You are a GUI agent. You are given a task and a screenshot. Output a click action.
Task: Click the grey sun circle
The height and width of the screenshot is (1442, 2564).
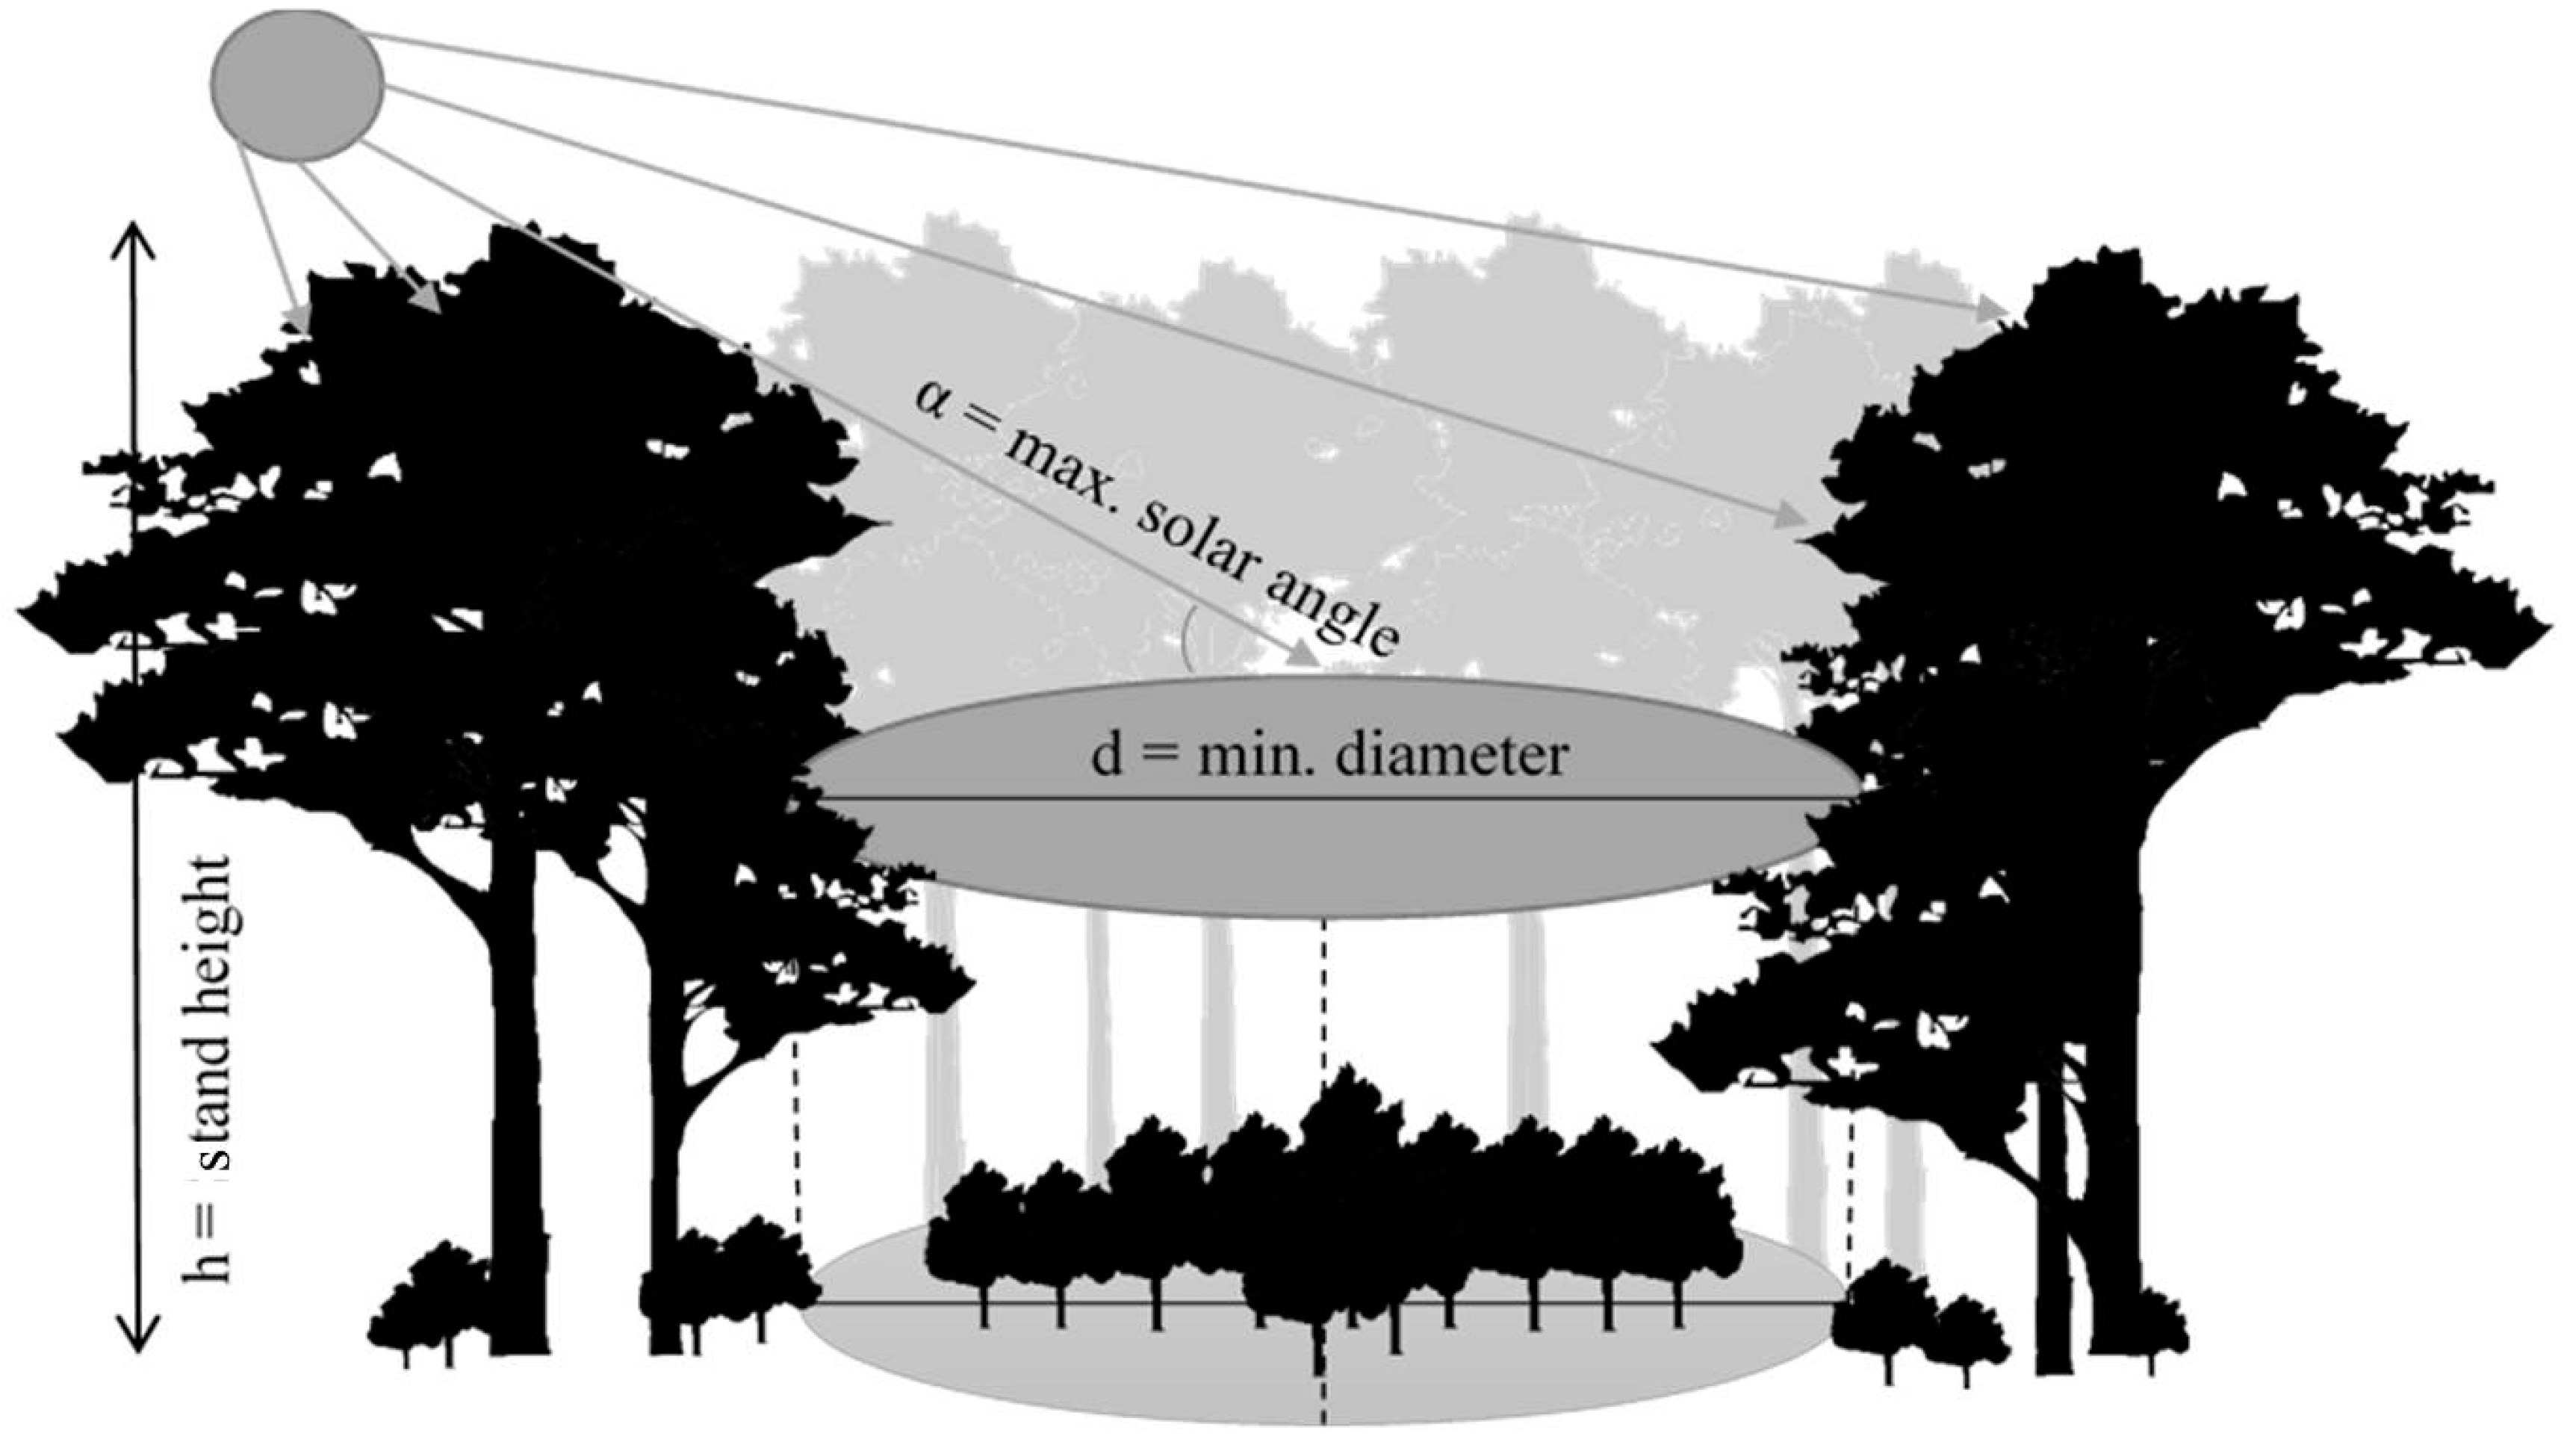(x=297, y=86)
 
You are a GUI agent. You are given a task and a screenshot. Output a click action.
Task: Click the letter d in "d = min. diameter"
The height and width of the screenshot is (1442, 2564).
(x=1107, y=757)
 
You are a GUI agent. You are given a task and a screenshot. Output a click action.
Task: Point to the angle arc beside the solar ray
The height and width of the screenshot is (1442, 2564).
(x=1187, y=637)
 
